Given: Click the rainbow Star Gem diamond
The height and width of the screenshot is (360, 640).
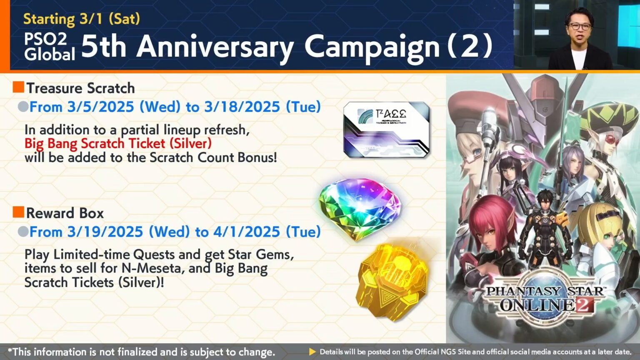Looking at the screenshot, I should [359, 208].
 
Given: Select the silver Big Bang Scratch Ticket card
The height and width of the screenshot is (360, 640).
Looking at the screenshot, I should [387, 130].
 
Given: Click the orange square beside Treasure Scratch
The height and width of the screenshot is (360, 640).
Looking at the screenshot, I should [18, 87].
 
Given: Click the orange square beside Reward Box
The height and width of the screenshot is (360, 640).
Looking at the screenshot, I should [18, 212].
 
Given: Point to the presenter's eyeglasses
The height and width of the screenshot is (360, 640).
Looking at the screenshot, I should [579, 26].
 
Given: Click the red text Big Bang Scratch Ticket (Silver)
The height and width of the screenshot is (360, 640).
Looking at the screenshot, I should [118, 143].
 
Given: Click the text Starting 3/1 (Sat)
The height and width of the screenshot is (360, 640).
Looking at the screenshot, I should [82, 19].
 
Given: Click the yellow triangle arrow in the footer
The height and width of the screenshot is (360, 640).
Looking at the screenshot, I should [312, 352].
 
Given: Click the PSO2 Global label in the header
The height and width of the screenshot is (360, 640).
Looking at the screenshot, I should [49, 46].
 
